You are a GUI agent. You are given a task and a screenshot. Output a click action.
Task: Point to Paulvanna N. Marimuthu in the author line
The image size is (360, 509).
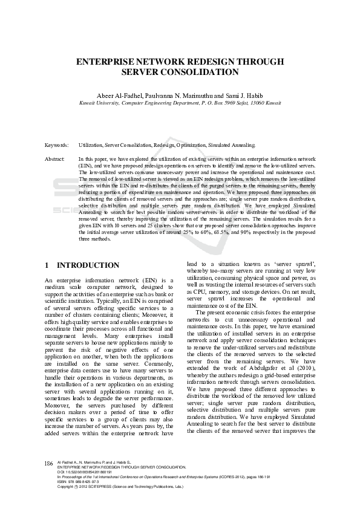pos(181,96)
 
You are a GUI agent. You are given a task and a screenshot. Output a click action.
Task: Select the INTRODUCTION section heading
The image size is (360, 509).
pos(88,265)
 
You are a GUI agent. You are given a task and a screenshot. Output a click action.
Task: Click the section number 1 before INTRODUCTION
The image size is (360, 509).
pos(48,265)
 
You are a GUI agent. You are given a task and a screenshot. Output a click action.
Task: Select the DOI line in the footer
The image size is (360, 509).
pos(82,472)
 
